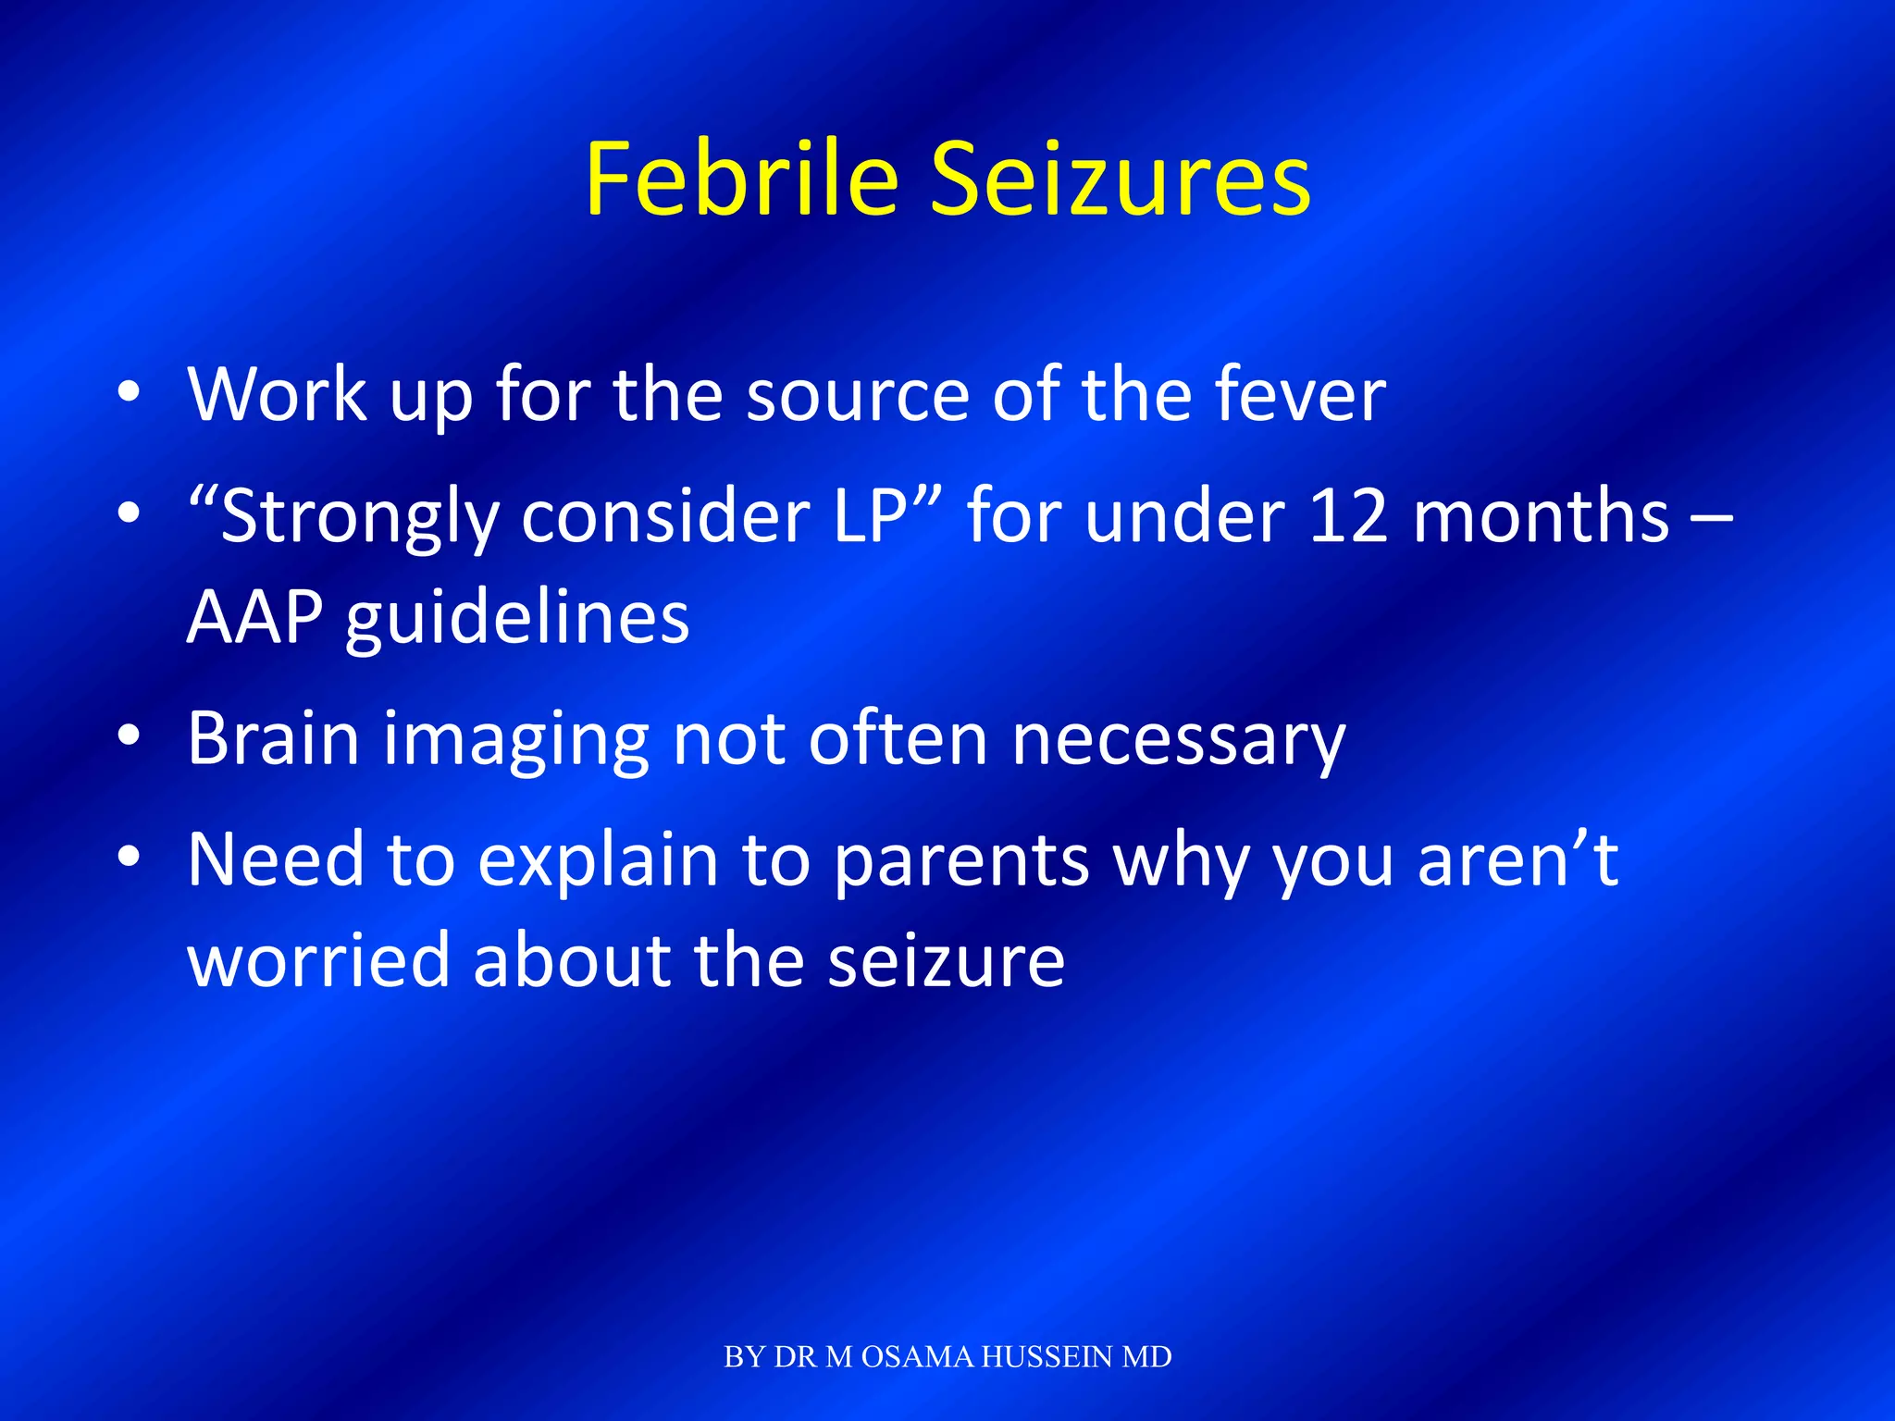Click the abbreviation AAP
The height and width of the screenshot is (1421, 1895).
pos(255,617)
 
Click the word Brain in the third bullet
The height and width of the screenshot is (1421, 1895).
pos(274,739)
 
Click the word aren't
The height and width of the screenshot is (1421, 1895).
pos(1517,860)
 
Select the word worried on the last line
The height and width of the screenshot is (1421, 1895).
pos(319,960)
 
